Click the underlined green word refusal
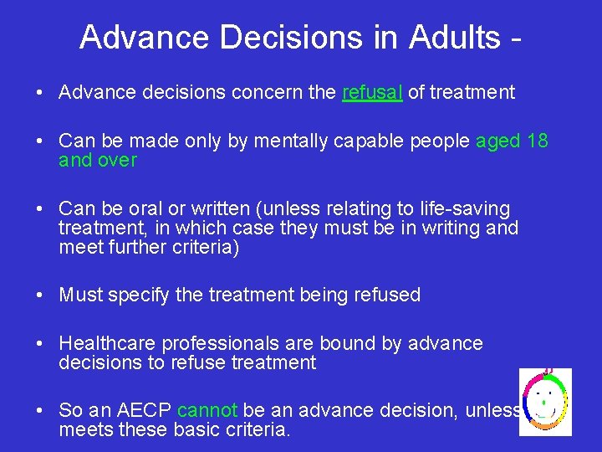373,93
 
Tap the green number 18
538,141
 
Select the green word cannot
207,411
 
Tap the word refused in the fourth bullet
389,295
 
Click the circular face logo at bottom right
545,402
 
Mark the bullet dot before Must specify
42,295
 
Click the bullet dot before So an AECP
42,411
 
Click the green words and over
98,160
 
